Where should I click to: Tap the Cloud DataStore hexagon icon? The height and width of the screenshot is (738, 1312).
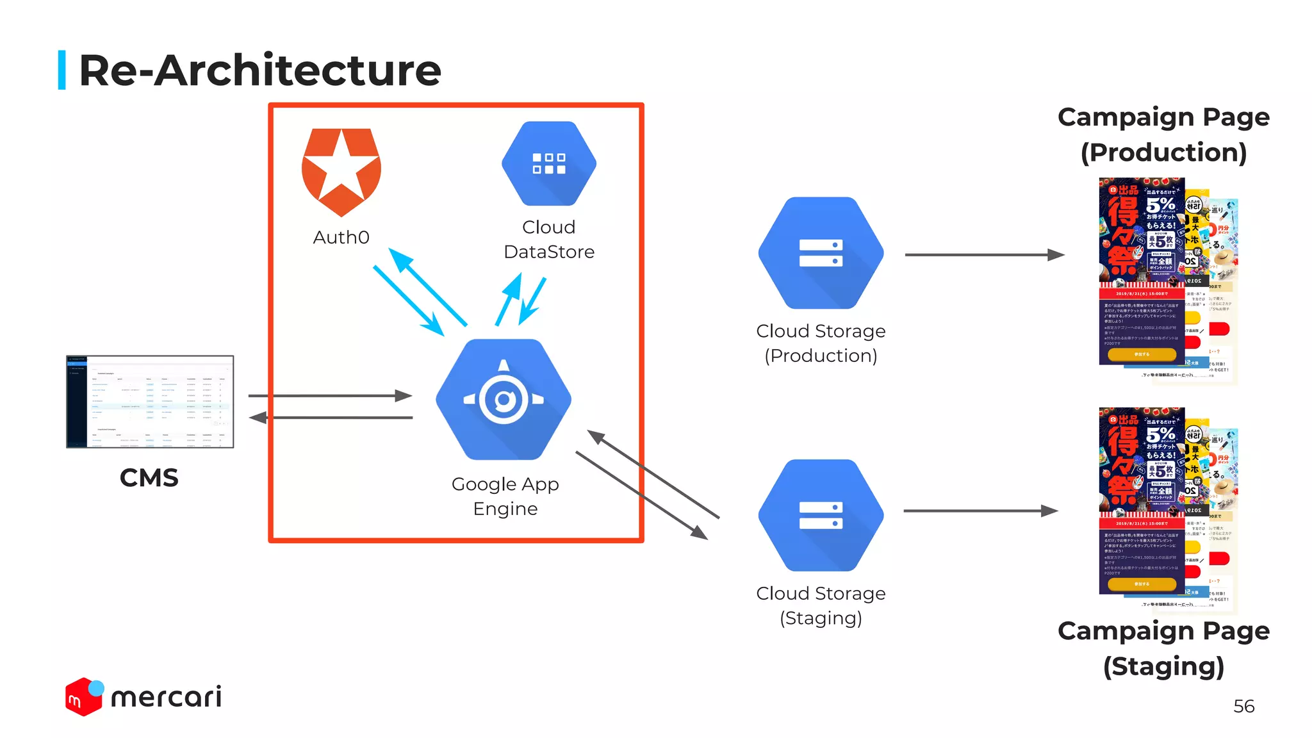click(x=549, y=163)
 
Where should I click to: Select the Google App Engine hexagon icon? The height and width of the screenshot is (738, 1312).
click(x=504, y=399)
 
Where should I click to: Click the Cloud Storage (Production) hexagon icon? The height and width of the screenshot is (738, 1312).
click(x=821, y=253)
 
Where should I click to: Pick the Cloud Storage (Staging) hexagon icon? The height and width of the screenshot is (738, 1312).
click(x=821, y=515)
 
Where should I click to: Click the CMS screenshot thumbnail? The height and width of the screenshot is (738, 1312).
click(x=150, y=402)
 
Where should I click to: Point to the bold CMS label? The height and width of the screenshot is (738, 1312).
click(x=149, y=478)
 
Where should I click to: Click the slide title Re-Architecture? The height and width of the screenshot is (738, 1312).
click(x=259, y=70)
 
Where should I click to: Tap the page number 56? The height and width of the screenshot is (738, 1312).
click(x=1243, y=706)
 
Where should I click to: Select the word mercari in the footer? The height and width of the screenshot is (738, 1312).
click(x=167, y=697)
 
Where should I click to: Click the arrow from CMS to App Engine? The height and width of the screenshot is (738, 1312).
click(x=330, y=396)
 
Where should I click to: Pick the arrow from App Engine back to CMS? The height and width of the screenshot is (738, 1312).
click(x=330, y=418)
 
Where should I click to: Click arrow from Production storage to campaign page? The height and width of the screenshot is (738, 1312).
click(x=984, y=255)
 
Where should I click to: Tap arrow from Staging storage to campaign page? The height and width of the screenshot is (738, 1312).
click(x=980, y=511)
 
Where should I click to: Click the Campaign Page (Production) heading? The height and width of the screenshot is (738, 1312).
click(x=1163, y=135)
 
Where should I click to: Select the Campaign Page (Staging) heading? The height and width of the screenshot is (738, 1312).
click(x=1163, y=648)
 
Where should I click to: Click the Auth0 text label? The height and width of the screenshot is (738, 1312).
click(x=341, y=238)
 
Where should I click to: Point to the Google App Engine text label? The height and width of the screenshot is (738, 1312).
click(x=505, y=496)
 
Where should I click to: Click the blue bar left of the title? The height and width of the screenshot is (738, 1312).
click(x=62, y=70)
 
